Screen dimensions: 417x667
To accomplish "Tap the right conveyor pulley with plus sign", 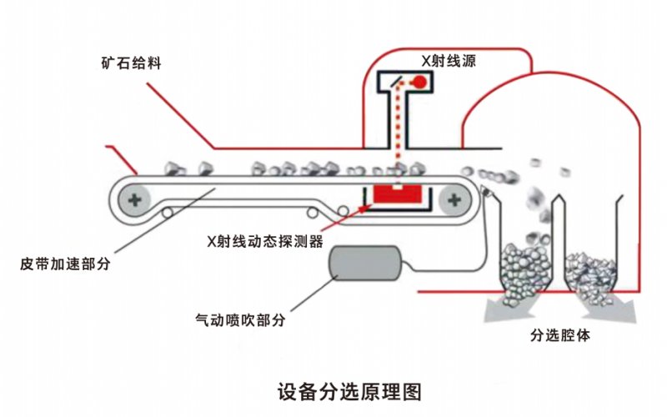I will click(454, 199).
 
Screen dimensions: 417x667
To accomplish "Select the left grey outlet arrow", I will click(509, 307).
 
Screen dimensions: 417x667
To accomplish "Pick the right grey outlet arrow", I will click(607, 307).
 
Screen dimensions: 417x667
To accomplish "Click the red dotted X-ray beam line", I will click(399, 133).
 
